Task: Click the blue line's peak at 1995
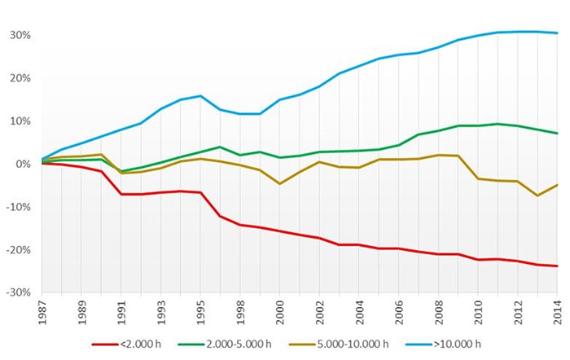[x=200, y=96]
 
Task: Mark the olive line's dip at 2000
[x=279, y=183]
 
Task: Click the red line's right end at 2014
[x=557, y=266]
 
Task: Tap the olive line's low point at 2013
[x=537, y=195]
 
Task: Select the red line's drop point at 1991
[x=121, y=194]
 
